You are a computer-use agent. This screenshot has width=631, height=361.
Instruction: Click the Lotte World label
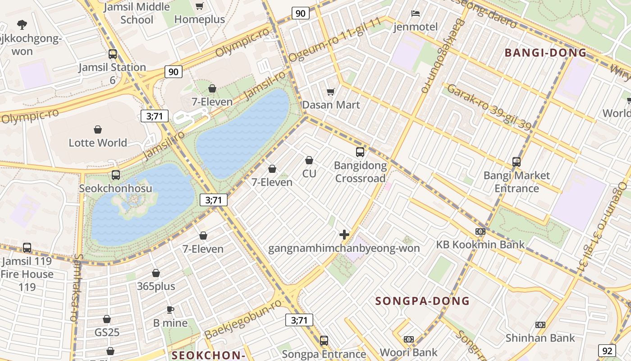point(98,143)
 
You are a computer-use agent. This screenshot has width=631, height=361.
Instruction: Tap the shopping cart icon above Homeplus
point(200,6)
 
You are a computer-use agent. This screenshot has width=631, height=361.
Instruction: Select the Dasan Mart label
point(331,105)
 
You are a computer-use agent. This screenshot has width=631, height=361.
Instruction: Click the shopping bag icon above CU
point(309,160)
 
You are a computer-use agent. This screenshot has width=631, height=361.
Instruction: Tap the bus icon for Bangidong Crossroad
point(360,152)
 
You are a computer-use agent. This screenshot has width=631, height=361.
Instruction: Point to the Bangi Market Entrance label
point(517,182)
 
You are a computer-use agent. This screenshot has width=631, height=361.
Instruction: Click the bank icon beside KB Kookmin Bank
point(480,231)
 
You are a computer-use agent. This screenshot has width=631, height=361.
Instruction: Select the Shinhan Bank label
point(540,338)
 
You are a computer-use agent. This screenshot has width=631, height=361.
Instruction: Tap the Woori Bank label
point(408,352)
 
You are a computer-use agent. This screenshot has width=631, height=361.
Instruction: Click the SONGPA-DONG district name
point(422,301)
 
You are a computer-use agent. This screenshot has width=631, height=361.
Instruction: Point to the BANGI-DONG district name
point(545,53)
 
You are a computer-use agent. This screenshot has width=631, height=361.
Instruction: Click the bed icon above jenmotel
point(416,14)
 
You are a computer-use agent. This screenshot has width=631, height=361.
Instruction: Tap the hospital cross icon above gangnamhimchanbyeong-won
point(344,235)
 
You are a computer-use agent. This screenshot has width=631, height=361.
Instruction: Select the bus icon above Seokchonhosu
point(116,175)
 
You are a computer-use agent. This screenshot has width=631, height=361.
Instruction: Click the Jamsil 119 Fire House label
point(27,273)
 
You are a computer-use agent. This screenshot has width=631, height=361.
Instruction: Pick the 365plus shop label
point(156,286)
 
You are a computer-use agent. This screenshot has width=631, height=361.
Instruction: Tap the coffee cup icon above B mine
point(170,310)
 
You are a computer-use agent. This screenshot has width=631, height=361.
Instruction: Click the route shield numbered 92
point(607,351)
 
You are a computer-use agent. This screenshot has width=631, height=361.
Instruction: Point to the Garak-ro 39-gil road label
point(489,107)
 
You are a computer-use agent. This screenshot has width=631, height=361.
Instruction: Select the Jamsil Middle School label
point(137,13)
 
